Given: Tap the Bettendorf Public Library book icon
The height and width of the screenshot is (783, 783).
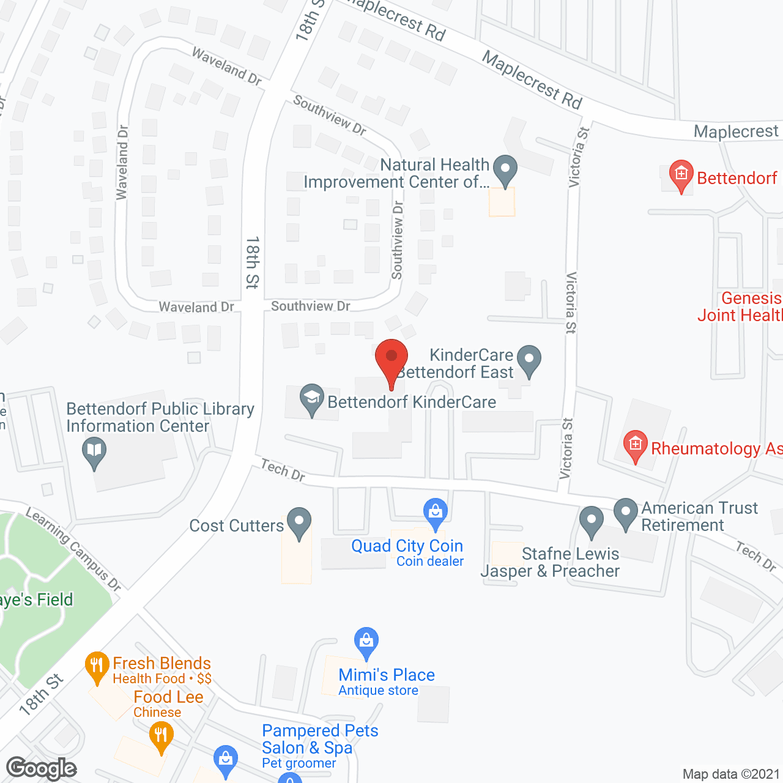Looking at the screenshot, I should pyautogui.click(x=94, y=453).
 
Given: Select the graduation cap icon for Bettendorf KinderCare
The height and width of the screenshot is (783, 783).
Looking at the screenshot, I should pyautogui.click(x=311, y=398).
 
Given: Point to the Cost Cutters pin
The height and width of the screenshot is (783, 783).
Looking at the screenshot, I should pyautogui.click(x=299, y=522).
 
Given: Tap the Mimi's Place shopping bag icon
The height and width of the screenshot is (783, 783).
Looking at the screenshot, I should pyautogui.click(x=366, y=642).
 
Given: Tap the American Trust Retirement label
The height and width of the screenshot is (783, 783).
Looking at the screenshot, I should pyautogui.click(x=699, y=517).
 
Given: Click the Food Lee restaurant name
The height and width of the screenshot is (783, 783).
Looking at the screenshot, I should pyautogui.click(x=168, y=697).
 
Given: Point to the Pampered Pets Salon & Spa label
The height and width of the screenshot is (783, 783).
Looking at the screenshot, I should pyautogui.click(x=319, y=739).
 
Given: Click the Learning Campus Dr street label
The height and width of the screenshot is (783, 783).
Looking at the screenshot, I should pyautogui.click(x=73, y=549).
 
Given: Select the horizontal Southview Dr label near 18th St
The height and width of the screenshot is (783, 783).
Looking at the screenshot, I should pyautogui.click(x=310, y=306).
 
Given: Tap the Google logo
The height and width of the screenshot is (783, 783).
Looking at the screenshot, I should pyautogui.click(x=42, y=768).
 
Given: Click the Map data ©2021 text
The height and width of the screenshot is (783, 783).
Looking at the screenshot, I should pyautogui.click(x=731, y=774).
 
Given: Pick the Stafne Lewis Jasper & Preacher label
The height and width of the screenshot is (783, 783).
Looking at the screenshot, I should pyautogui.click(x=550, y=562).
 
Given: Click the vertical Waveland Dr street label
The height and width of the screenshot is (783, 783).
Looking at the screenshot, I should pyautogui.click(x=122, y=163).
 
